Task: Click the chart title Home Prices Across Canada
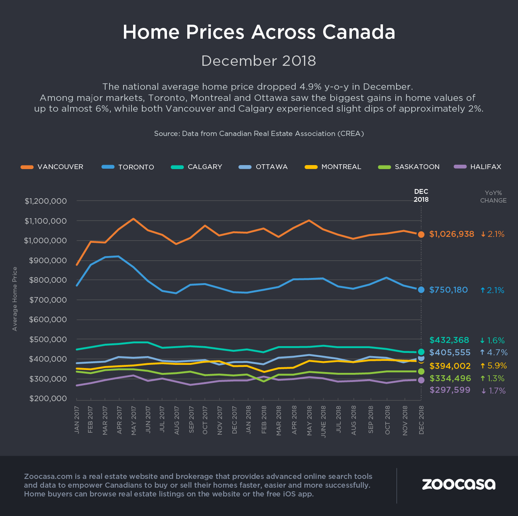pyautogui.click(x=259, y=32)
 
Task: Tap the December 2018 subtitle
pyautogui.click(x=259, y=61)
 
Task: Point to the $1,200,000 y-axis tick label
pyautogui.click(x=46, y=201)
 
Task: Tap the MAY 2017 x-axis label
pyautogui.click(x=133, y=420)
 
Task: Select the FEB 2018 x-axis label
pyautogui.click(x=263, y=420)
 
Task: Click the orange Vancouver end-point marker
pyautogui.click(x=421, y=234)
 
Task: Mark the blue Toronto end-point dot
pyautogui.click(x=421, y=290)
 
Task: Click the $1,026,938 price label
pyautogui.click(x=451, y=234)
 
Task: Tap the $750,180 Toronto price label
pyautogui.click(x=448, y=290)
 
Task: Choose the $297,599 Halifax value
pyautogui.click(x=450, y=390)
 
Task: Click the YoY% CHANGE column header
pyautogui.click(x=493, y=197)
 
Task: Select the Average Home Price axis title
pyautogui.click(x=15, y=299)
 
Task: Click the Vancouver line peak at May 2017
pyautogui.click(x=133, y=219)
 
